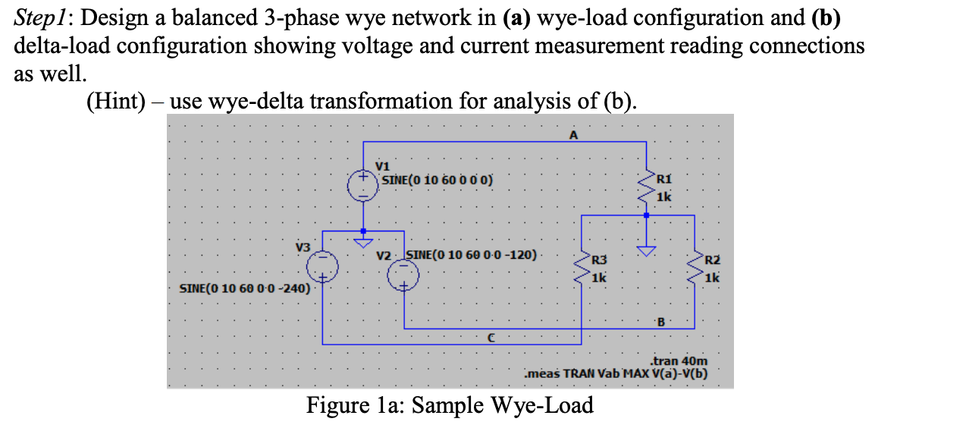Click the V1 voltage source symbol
coord(363,186)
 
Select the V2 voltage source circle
coord(403,279)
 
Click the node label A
coord(573,135)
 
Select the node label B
coord(661,322)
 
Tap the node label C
coord(491,338)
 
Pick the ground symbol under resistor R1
coord(646,251)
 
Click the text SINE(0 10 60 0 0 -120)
coord(472,253)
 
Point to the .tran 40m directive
coord(679,361)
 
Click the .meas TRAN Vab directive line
coord(616,373)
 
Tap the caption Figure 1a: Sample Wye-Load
coord(450,405)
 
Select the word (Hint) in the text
coord(116,100)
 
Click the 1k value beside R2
coord(710,278)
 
